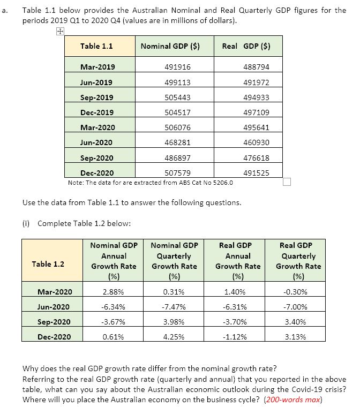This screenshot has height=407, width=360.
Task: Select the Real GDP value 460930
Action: (x=256, y=142)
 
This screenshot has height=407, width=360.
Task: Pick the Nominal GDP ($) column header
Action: (x=170, y=46)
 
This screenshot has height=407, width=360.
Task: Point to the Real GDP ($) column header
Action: (x=245, y=46)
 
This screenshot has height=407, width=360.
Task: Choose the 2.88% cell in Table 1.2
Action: (x=114, y=292)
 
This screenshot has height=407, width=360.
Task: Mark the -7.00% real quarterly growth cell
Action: (x=298, y=307)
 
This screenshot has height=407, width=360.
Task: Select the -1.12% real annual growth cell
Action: (x=236, y=337)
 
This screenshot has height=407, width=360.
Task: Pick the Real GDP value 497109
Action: (x=256, y=112)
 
